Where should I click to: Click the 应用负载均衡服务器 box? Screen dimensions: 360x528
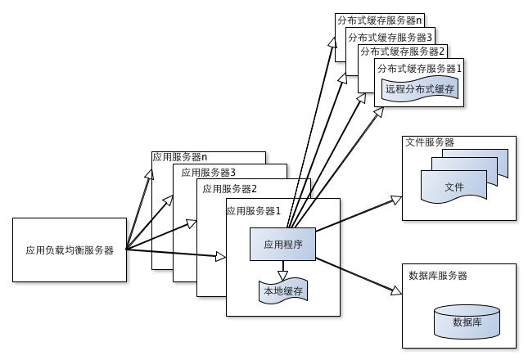point(70,250)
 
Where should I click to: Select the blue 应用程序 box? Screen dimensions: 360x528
point(282,244)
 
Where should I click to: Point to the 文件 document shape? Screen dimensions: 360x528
point(454,188)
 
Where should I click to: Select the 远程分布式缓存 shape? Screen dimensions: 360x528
point(418,88)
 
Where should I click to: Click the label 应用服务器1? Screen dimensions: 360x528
point(254,210)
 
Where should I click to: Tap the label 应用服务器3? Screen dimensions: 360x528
point(209,173)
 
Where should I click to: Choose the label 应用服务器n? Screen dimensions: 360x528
point(180,157)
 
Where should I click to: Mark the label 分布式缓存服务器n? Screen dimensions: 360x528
point(378,19)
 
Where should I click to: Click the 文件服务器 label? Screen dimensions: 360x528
point(430,142)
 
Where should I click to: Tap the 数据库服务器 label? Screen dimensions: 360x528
point(438,276)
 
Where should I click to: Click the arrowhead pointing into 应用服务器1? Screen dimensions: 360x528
point(220,257)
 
